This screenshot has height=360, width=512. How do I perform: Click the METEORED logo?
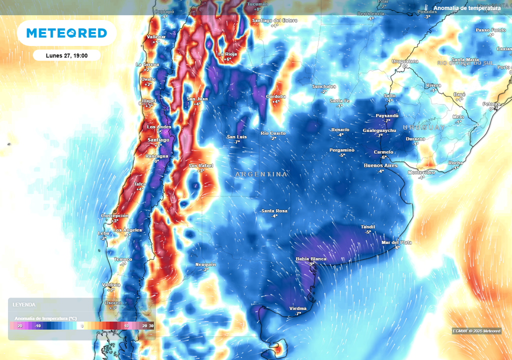coord(66,33)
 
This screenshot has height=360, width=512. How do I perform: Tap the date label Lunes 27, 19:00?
coord(66,55)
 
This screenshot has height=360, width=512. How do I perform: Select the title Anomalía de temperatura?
coord(466,8)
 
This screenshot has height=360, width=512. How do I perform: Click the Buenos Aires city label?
coord(380,165)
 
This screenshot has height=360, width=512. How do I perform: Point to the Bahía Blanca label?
coord(311,258)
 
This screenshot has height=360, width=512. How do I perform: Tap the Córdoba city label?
coord(275,96)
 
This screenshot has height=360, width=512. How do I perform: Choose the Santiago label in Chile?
coord(158,140)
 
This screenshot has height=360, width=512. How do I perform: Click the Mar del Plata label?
coord(396,242)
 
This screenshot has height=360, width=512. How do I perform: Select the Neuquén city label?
coord(205,264)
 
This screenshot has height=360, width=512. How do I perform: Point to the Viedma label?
coord(298,308)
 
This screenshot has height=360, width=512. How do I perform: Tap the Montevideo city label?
coord(421,172)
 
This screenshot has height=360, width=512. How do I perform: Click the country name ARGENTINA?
coord(261,174)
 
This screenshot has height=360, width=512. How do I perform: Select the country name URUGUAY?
coord(423,127)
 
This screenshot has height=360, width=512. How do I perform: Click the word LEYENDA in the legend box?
coord(24,304)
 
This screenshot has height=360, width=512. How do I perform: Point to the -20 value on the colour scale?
coord(19,325)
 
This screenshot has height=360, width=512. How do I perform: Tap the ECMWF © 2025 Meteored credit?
coord(476,331)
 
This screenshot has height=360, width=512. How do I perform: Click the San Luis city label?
coord(237,137)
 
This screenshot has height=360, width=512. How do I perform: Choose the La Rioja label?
coord(227,54)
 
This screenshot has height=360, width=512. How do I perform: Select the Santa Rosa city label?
coord(274,211)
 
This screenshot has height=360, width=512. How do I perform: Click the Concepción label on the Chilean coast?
coord(115,215)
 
